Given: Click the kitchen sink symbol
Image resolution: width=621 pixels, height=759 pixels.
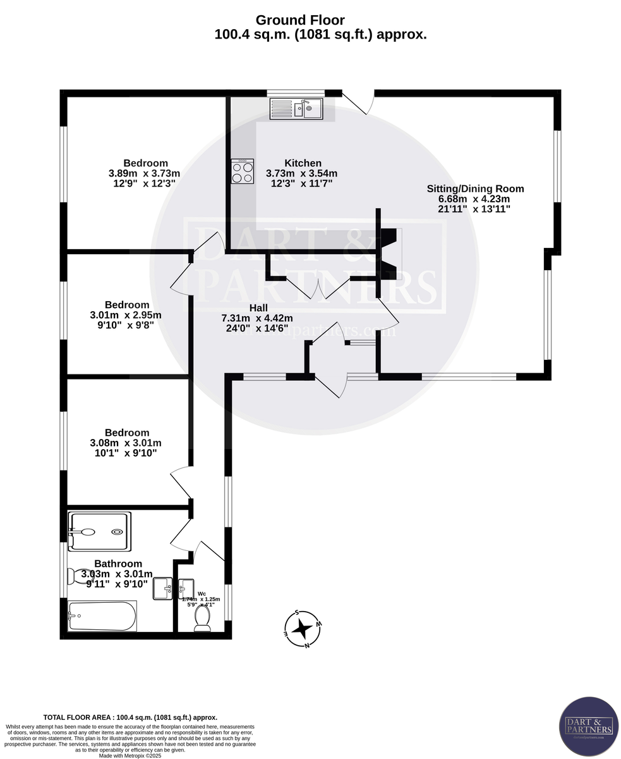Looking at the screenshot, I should point(296,109).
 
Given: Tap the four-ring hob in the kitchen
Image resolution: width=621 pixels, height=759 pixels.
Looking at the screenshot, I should point(242,171).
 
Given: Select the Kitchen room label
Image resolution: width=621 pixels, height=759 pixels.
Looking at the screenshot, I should point(303,163).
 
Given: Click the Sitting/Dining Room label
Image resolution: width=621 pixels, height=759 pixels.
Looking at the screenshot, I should point(475,188).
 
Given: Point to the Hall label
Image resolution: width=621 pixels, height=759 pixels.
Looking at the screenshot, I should point(258,308).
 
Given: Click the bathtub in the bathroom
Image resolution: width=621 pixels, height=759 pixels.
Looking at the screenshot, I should point(102,616).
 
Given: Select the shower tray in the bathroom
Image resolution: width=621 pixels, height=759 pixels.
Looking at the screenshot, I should point(100,531).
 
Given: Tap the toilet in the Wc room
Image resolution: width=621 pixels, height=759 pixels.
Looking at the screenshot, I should point(203,618).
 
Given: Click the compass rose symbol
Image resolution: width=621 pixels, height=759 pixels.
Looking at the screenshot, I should point(303,629).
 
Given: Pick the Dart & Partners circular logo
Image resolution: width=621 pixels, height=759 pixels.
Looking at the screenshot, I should point(589,726).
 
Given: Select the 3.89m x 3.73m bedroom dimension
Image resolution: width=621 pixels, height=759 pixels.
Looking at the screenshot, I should point(145,173).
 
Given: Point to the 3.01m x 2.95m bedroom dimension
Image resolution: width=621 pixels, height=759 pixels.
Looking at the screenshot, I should point(126,315).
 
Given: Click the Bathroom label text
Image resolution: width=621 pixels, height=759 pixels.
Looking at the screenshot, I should point(118,564).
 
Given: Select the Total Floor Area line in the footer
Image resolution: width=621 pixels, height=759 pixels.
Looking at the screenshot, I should point(130,717).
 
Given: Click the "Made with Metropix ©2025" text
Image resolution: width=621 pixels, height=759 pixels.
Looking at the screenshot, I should point(130,755).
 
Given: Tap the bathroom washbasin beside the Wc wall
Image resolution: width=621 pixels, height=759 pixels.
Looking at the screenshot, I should point(163,588).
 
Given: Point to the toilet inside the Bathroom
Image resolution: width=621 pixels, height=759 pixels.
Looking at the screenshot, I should point(79,576).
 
